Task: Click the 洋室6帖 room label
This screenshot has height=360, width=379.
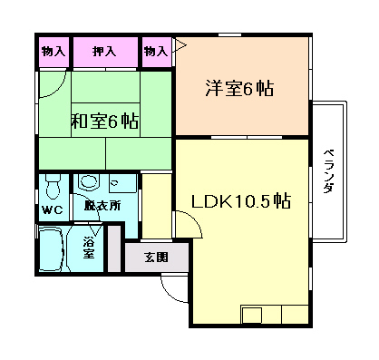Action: coord(239,88)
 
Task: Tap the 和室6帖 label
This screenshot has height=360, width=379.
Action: coord(104,121)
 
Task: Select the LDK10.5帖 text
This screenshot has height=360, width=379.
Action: coord(241,201)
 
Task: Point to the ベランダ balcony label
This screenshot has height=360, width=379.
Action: coord(328,170)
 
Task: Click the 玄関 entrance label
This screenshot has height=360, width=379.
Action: coord(156,258)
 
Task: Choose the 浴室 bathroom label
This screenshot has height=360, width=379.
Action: coord(89,248)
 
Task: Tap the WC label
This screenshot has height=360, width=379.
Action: coord(53,209)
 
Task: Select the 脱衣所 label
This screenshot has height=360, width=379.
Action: coord(102,206)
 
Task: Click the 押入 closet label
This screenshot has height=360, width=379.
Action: coord(104,52)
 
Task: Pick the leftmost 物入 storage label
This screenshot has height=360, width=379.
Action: coord(53,52)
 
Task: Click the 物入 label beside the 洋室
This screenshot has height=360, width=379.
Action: coord(156,52)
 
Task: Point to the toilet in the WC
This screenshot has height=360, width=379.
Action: coord(53,188)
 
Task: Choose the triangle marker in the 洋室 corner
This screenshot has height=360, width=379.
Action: coord(180,46)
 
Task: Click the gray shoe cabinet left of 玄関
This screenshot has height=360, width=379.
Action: coord(114,248)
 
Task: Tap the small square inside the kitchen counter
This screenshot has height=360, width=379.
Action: coord(252,316)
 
